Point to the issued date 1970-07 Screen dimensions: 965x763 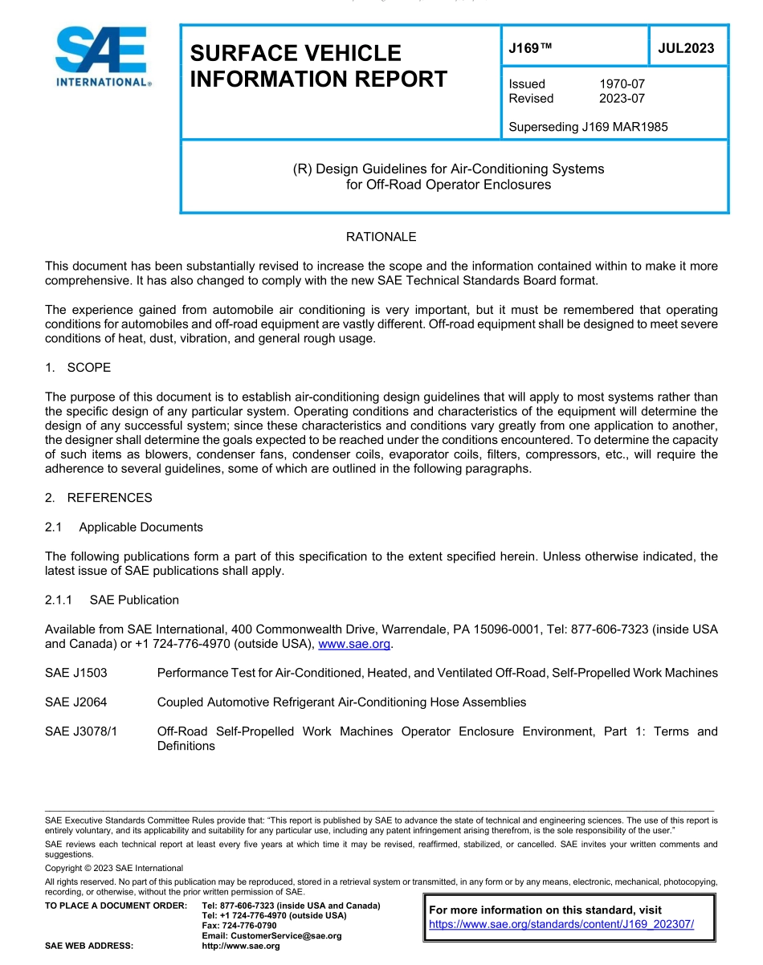(x=622, y=84)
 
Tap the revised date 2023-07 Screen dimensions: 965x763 (x=622, y=99)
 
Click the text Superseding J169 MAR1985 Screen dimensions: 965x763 (x=588, y=127)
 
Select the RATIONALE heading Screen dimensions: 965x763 (x=381, y=237)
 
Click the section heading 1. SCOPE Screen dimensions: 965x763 (x=78, y=368)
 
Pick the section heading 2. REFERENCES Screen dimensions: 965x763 (x=98, y=498)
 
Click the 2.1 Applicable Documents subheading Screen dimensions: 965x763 (x=124, y=527)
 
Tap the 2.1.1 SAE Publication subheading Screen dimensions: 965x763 (x=112, y=601)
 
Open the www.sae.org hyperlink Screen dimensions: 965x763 (x=354, y=644)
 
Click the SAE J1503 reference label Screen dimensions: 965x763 (x=75, y=673)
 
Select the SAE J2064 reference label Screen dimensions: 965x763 (x=75, y=702)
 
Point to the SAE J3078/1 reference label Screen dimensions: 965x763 (x=81, y=731)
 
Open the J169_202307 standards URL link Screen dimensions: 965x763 (x=561, y=924)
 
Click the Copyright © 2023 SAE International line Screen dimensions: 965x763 (x=114, y=868)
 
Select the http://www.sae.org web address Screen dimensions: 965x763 (x=241, y=947)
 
